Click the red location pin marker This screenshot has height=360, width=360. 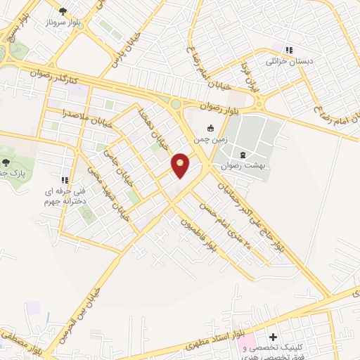(x=181, y=165)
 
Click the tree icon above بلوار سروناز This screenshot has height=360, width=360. (x=63, y=11)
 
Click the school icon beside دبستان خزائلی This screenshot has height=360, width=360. (x=288, y=49)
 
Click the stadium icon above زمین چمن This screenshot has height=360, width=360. (x=210, y=128)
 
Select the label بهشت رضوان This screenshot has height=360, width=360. (x=243, y=166)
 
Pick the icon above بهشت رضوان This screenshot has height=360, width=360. (x=243, y=154)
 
